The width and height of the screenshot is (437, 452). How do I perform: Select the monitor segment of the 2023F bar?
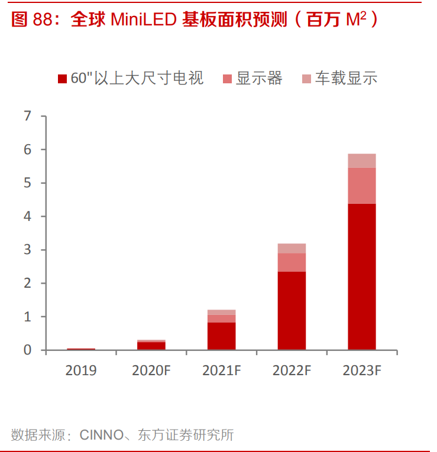[361, 186]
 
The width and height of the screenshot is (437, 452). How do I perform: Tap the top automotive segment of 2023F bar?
[361, 161]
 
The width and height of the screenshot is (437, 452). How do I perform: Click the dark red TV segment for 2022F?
[292, 311]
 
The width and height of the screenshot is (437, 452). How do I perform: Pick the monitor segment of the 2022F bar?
[292, 262]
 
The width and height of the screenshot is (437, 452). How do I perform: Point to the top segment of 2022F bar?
[292, 248]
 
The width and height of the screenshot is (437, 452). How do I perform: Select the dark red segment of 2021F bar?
[221, 336]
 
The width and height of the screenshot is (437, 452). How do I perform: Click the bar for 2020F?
[151, 346]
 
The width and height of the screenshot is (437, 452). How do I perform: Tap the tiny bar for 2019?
[81, 349]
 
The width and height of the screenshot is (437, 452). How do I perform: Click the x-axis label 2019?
[81, 371]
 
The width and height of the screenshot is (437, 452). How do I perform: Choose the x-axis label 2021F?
[221, 371]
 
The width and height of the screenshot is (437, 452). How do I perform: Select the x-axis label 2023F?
[361, 371]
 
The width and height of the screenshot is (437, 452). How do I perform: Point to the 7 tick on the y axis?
[27, 116]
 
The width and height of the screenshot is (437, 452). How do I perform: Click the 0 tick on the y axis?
[27, 350]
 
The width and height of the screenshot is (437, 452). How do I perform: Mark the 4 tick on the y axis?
[27, 217]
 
